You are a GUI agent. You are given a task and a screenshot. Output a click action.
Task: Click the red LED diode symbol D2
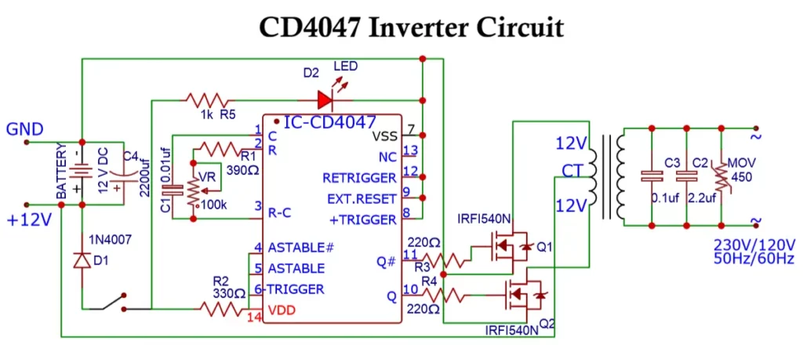click(x=325, y=100)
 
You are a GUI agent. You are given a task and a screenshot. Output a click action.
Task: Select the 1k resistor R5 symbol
click(x=207, y=100)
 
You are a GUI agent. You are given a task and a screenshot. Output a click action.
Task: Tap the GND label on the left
click(x=24, y=129)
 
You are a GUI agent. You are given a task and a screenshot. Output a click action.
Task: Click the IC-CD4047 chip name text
click(x=329, y=122)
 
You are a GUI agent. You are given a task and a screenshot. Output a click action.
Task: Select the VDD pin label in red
click(x=283, y=310)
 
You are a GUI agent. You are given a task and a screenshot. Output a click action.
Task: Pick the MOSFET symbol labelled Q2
click(x=521, y=296)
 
